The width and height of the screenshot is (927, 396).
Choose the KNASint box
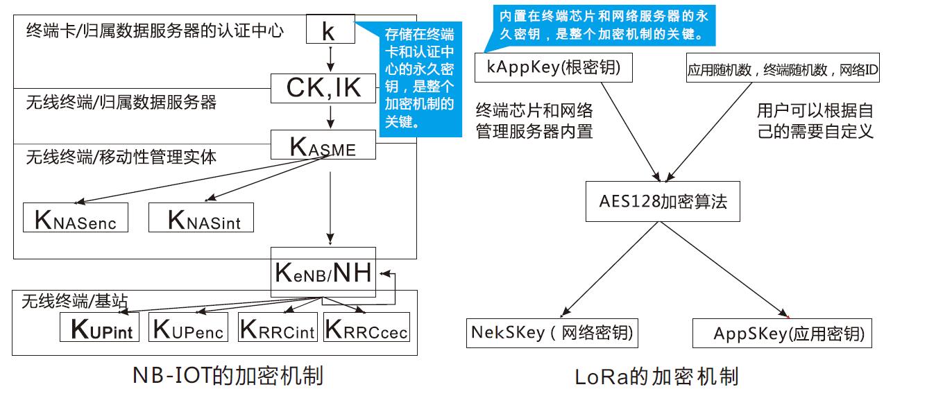pyautogui.click(x=201, y=218)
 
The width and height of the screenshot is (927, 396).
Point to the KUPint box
pyautogui.click(x=100, y=327)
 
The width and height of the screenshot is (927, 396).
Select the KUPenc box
pyautogui.click(x=189, y=327)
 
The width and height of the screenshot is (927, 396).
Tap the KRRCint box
pyautogui.click(x=277, y=327)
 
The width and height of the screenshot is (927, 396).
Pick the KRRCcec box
pyautogui.click(x=367, y=327)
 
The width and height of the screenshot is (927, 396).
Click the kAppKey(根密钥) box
pyautogui.click(x=552, y=68)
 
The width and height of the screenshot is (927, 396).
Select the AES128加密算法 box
pyautogui.click(x=663, y=202)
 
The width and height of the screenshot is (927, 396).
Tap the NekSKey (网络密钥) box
pyautogui.click(x=552, y=332)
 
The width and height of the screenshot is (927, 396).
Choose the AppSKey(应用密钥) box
pyautogui.click(x=782, y=334)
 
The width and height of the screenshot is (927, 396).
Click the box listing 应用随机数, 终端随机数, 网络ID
pyautogui.click(x=783, y=69)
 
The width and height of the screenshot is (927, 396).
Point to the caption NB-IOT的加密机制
pyautogui.click(x=228, y=376)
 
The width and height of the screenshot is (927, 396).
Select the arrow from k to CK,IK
pyautogui.click(x=331, y=59)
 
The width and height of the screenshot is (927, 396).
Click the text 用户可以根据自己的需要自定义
pyautogui.click(x=815, y=121)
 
